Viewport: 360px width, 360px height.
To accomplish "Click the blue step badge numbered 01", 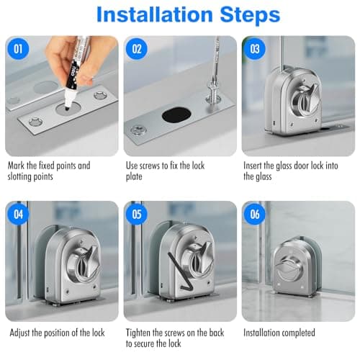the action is click(x=18, y=49).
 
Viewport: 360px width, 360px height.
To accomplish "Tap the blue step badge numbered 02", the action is click(x=137, y=49).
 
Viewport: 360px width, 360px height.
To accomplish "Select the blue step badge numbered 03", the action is click(x=255, y=49).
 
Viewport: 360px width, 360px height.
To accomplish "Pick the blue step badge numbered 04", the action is click(x=18, y=214).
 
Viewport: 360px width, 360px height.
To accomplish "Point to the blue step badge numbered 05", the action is click(x=137, y=214).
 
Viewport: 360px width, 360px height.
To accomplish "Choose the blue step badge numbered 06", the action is click(x=255, y=214).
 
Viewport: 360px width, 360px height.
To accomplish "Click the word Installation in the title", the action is click(x=154, y=14).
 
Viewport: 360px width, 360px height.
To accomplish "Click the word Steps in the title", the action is click(x=250, y=15).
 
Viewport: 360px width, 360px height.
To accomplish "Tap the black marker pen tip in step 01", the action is click(x=68, y=105).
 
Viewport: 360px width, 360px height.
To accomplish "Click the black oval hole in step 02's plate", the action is click(x=176, y=115).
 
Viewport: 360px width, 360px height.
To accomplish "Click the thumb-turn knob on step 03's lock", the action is click(x=307, y=98).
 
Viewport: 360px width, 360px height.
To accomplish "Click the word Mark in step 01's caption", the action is click(x=16, y=166).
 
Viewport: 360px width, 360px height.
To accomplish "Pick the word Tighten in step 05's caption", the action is click(x=138, y=333).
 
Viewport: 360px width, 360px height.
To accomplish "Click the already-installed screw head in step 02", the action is click(x=138, y=131).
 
